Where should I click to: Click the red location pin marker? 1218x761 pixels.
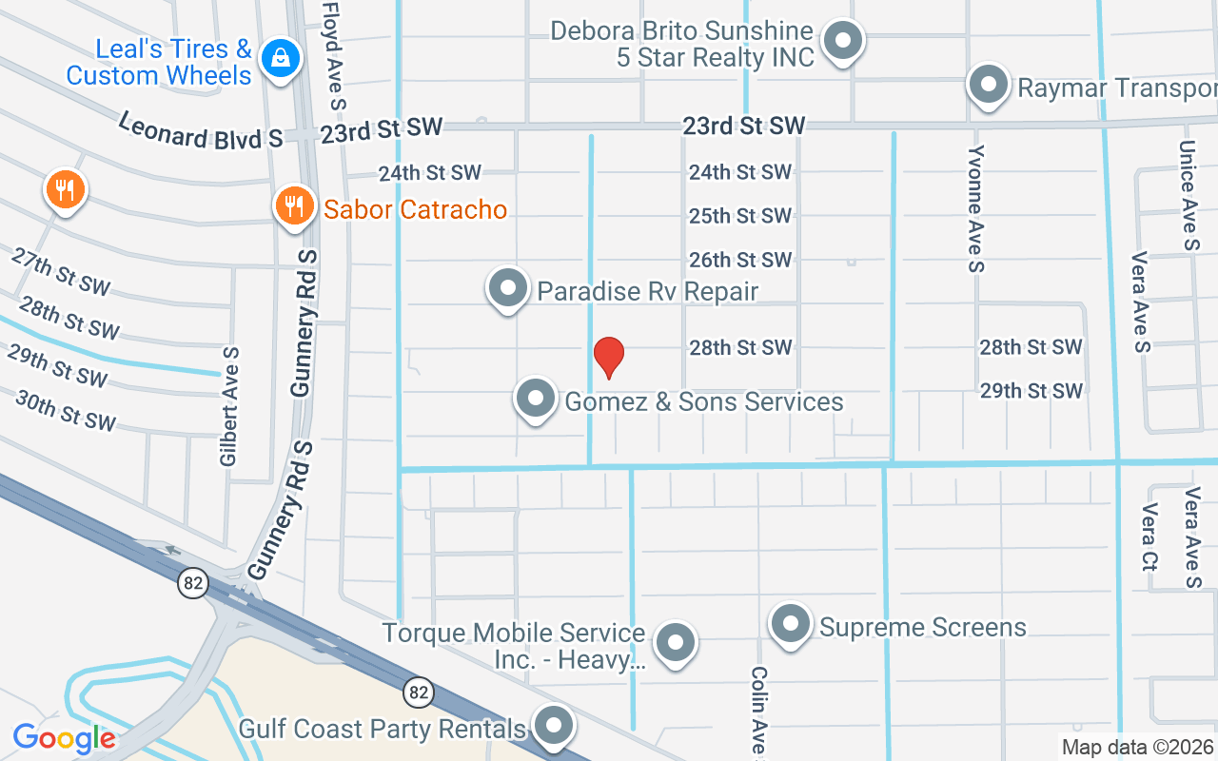click(608, 357)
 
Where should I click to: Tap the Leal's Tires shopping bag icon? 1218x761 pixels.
click(281, 59)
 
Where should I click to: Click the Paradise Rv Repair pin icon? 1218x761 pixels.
click(507, 288)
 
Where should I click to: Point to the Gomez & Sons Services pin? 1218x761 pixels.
click(535, 400)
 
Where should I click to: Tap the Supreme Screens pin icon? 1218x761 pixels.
click(790, 625)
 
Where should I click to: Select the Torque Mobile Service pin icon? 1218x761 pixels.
click(676, 642)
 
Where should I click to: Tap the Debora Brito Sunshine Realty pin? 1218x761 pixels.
click(842, 42)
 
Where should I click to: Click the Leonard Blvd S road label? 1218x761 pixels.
click(201, 129)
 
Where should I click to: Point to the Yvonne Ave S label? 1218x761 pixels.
click(974, 208)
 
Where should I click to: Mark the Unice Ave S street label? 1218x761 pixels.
click(1188, 195)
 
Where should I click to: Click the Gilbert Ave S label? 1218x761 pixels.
click(228, 406)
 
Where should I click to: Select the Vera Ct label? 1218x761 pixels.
click(1149, 537)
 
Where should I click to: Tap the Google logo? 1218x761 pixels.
click(64, 737)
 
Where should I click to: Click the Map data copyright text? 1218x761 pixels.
click(1137, 748)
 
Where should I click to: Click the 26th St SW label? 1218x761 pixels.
click(740, 260)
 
